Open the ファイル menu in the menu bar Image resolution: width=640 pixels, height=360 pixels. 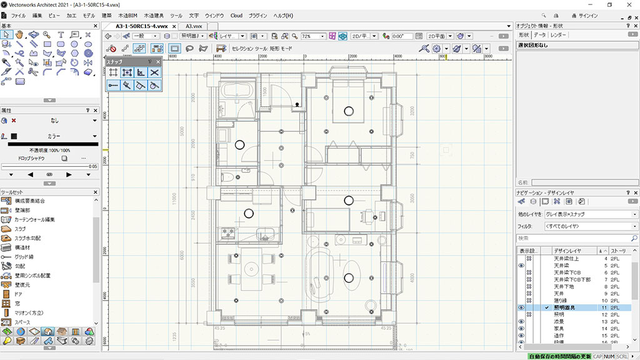(18, 15)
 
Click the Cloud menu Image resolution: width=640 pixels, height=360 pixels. (236, 15)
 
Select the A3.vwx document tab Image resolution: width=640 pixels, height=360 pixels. (193, 26)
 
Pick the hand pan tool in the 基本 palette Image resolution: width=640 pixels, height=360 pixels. (20, 34)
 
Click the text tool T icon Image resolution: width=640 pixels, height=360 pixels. (61, 34)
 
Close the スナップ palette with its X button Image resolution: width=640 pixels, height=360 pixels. (158, 62)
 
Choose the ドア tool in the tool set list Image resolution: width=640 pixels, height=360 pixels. (19, 294)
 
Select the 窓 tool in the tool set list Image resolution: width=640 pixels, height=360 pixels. (17, 303)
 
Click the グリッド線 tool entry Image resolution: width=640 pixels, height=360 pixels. (24, 257)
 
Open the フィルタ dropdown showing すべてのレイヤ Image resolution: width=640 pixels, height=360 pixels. (591, 226)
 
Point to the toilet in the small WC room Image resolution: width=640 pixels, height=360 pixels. (227, 177)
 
